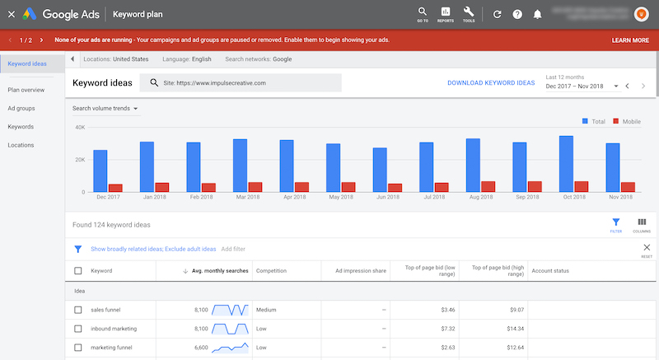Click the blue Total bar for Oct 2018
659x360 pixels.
point(566,164)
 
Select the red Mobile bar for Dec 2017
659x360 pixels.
point(115,188)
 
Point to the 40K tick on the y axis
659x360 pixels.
point(79,128)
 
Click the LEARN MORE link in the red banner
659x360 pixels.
point(630,40)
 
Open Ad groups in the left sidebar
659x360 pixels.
point(21,108)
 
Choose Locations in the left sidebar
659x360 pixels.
point(21,145)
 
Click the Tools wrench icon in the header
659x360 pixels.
point(469,12)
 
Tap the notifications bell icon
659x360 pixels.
point(538,14)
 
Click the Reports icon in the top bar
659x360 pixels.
point(446,12)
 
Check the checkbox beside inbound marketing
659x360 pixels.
point(78,329)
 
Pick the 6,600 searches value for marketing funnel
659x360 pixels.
point(194,348)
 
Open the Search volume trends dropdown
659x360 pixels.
point(105,108)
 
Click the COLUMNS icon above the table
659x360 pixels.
point(641,224)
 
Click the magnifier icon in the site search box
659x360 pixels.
point(154,83)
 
